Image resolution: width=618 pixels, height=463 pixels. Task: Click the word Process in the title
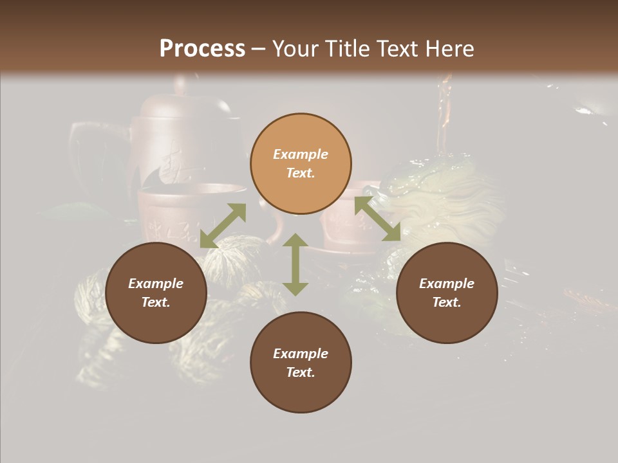202,49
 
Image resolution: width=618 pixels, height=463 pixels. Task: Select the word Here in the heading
449,49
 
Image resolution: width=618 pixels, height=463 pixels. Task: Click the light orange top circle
301,164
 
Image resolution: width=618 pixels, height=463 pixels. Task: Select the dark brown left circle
156,293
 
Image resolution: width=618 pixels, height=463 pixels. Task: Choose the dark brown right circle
447,293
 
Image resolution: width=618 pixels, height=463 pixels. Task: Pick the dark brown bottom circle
301,362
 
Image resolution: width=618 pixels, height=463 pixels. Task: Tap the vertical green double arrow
295,264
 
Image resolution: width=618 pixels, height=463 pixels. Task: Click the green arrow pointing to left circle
223,226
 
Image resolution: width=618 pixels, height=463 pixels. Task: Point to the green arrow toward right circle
377,219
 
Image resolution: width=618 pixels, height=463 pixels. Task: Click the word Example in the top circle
301,154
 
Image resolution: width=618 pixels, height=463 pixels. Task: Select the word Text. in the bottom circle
301,372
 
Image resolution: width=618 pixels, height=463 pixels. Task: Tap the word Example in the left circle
156,284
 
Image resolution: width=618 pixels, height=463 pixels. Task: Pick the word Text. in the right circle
447,302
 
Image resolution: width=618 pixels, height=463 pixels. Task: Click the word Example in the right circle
447,284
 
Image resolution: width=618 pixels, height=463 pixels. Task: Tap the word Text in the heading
397,49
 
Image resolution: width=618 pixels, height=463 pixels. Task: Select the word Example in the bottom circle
301,354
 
